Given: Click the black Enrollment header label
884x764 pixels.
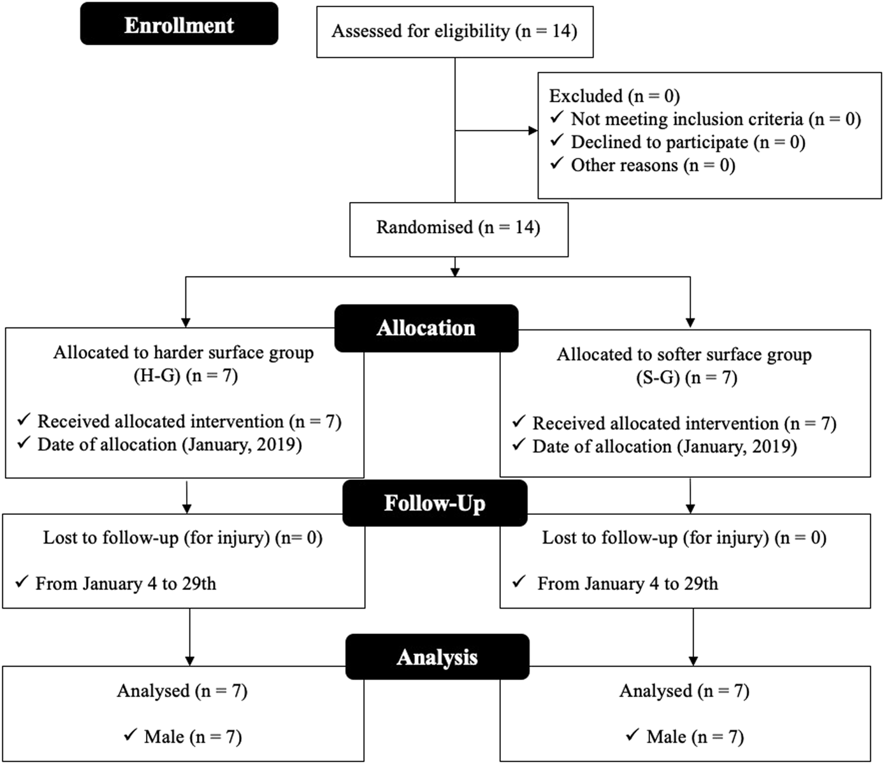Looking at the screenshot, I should tap(179, 24).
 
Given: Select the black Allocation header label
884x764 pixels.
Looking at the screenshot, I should tap(426, 328).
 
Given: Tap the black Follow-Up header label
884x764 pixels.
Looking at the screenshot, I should tap(435, 503).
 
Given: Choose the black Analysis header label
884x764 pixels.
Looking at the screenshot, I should tap(437, 657).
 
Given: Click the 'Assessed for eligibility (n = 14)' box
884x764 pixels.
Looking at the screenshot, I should tap(454, 32).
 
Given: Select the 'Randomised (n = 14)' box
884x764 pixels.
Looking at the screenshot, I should tap(458, 228).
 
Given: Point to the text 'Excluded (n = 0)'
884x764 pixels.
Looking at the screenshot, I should tap(614, 96).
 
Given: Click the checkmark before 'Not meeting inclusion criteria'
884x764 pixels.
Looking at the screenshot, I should tap(557, 118).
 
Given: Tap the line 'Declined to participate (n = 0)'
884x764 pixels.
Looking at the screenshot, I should tap(688, 142).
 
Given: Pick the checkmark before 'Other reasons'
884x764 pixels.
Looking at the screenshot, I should tap(557, 164).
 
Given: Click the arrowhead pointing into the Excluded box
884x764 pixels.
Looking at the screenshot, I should tap(533, 131).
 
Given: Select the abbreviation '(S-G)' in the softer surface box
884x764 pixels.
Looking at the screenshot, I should tap(658, 378).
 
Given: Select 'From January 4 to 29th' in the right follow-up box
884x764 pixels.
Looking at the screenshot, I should tap(627, 584).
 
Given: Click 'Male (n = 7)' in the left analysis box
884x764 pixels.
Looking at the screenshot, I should tap(192, 737).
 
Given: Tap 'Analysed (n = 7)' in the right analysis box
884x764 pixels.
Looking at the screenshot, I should tap(684, 691).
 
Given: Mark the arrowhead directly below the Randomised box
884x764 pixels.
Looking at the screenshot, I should tap(455, 271).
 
